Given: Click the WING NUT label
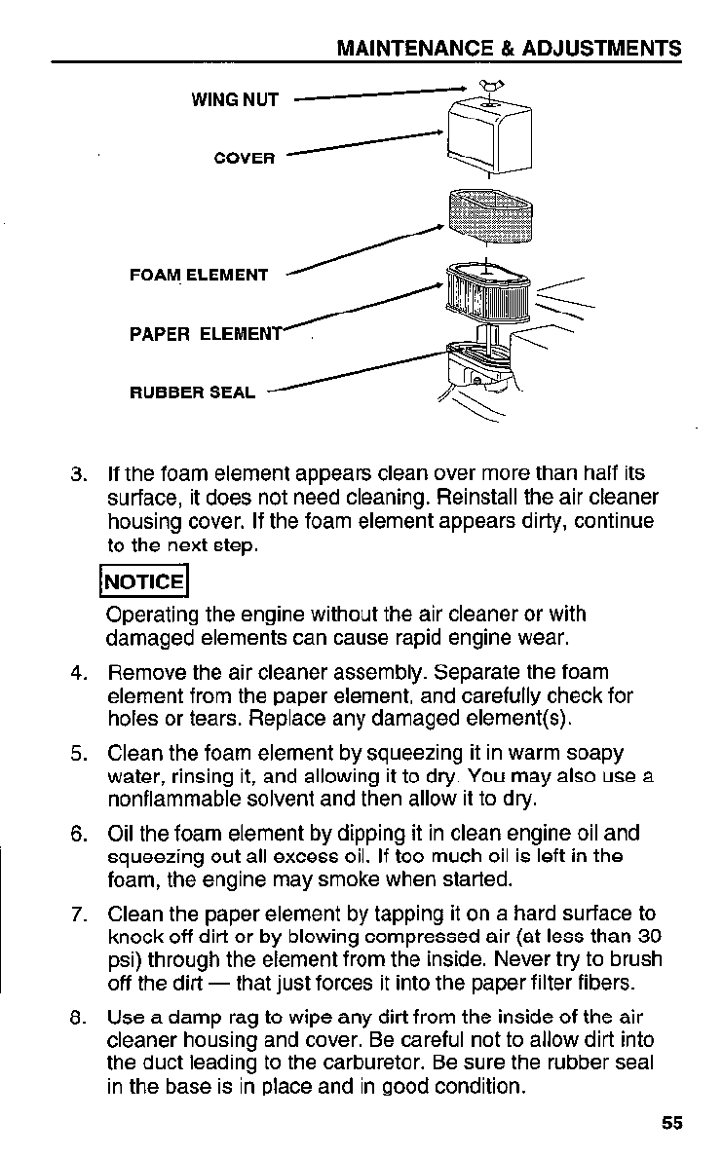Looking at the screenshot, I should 235,99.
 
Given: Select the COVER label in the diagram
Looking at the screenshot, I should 245,158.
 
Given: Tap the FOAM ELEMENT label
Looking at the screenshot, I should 199,276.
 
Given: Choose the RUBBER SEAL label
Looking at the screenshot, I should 193,393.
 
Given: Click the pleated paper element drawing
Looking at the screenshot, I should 487,293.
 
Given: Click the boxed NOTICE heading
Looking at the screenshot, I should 144,582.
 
